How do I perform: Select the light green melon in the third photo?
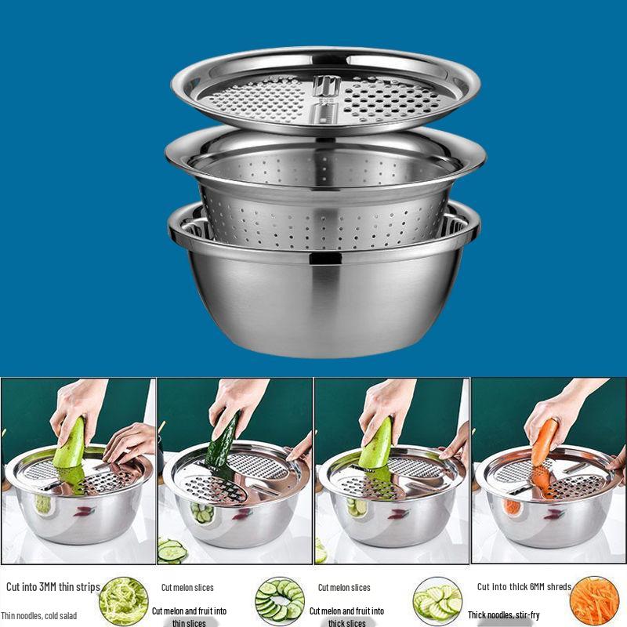tap(376, 447)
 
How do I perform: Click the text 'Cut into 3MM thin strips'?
tap(53, 587)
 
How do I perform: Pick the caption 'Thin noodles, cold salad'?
tap(39, 615)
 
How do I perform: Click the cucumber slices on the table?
tap(172, 551)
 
